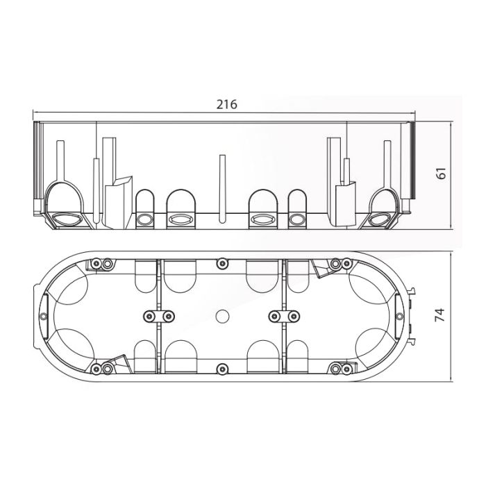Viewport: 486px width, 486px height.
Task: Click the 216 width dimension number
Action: pyautogui.click(x=226, y=104)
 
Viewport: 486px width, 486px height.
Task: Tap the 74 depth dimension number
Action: pyautogui.click(x=439, y=315)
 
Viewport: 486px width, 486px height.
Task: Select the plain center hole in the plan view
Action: pyautogui.click(x=222, y=317)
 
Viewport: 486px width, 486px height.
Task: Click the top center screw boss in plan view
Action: pyautogui.click(x=222, y=264)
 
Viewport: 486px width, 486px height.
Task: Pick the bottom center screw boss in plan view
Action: pyautogui.click(x=222, y=368)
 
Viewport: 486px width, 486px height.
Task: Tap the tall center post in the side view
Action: pyautogui.click(x=222, y=189)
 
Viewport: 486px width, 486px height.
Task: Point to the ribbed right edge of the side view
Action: pyautogui.click(x=412, y=160)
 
